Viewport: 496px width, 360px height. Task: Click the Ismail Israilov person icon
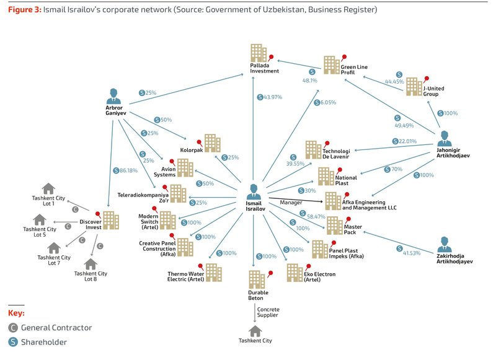[x=254, y=191]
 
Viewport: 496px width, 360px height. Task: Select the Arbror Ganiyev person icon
[x=113, y=96]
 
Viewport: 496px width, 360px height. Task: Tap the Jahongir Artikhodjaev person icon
[x=445, y=138]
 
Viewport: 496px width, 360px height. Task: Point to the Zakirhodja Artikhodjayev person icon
[x=445, y=244]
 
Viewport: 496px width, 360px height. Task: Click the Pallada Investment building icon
[x=259, y=53]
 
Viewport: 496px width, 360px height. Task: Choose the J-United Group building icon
[x=414, y=86]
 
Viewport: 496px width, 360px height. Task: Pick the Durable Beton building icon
[x=257, y=279]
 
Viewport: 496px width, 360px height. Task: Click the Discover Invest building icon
[x=111, y=220]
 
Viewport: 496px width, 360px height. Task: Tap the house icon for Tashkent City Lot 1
[x=48, y=188]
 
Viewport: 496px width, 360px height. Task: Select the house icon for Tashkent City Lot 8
[x=91, y=264]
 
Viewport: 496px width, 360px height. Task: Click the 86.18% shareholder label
[x=125, y=170]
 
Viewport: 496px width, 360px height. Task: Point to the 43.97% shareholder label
[x=270, y=97]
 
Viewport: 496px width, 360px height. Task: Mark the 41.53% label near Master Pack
[x=409, y=252]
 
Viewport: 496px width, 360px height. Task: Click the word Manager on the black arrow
[x=291, y=202]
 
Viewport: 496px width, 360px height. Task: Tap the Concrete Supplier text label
[x=268, y=312]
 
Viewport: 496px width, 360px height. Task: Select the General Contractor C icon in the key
[x=13, y=328]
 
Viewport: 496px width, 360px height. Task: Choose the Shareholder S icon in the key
[x=13, y=342]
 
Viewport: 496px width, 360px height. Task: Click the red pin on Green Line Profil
[x=343, y=58]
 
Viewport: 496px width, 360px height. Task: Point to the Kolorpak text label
[x=192, y=150]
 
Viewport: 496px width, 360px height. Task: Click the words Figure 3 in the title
[x=25, y=9]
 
